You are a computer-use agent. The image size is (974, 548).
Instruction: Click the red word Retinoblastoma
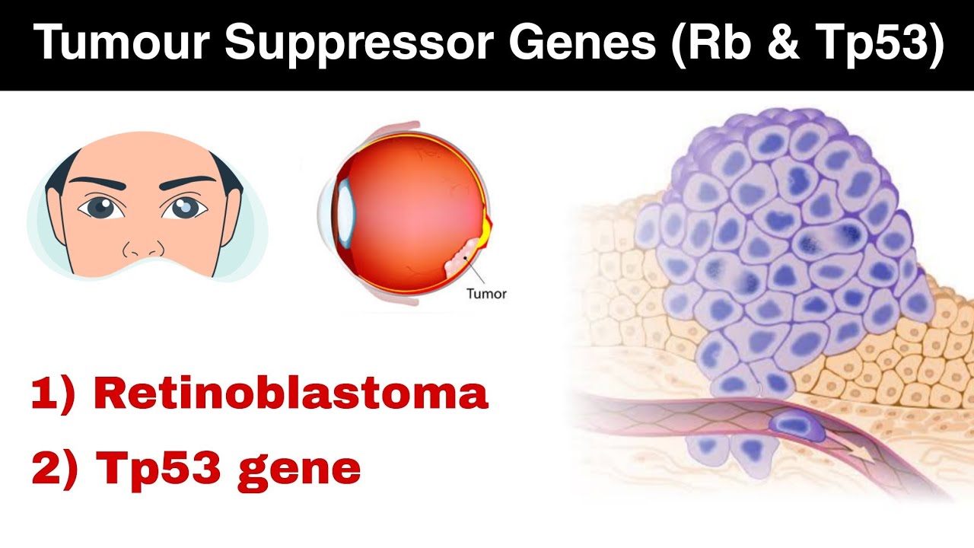point(290,395)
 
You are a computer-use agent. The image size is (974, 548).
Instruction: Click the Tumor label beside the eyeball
point(485,293)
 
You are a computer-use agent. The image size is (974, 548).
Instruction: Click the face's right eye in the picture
point(180,208)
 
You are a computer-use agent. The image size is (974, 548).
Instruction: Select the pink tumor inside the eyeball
point(463,256)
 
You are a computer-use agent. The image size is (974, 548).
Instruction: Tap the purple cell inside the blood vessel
point(797,427)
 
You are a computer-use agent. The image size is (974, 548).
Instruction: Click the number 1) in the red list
point(53,395)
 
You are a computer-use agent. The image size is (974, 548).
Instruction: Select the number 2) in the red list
point(54,470)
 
